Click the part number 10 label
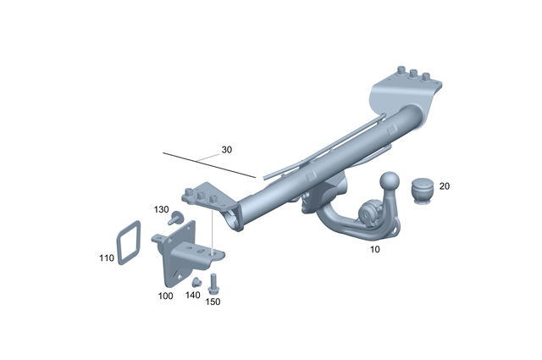pos(375,250)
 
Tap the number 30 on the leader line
pos(226,150)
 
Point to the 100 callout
pos(166,296)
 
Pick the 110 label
pos(107,258)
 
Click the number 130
pos(161,209)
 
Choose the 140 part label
pos(193,296)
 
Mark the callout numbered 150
pos(213,302)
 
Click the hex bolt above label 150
pos(213,282)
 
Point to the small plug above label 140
pos(194,282)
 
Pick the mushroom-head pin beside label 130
pos(176,219)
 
